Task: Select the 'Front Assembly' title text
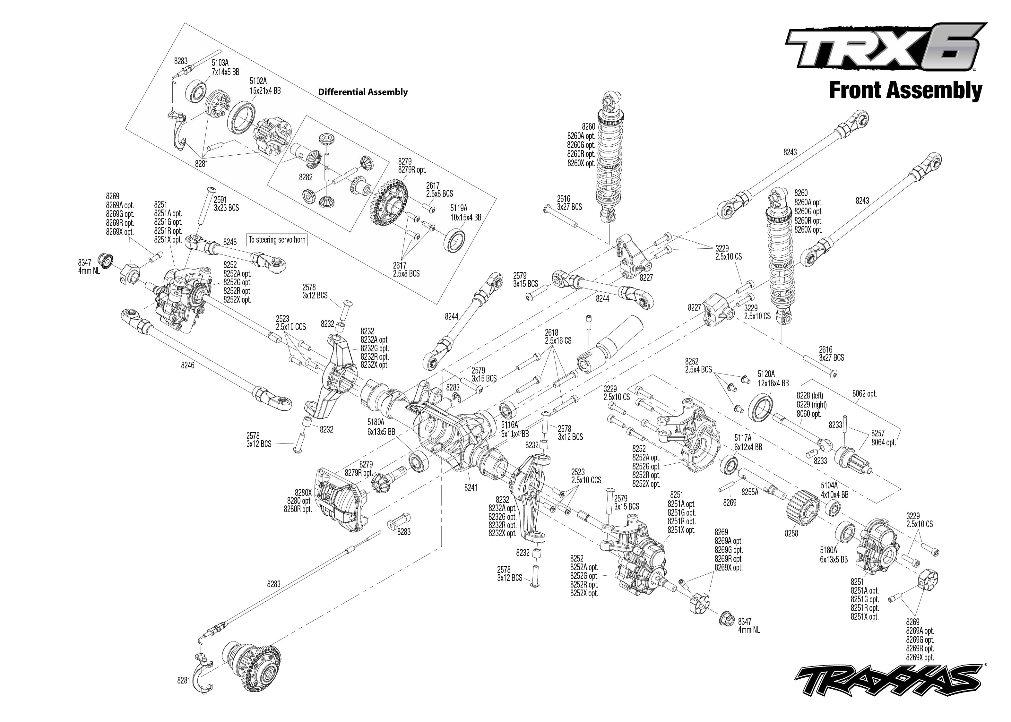905,91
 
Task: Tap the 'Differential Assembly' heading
363,92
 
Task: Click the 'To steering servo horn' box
277,240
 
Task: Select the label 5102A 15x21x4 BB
265,86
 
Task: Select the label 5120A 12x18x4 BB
773,379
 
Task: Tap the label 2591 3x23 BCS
226,204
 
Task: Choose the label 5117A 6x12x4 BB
748,443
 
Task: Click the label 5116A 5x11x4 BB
515,429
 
